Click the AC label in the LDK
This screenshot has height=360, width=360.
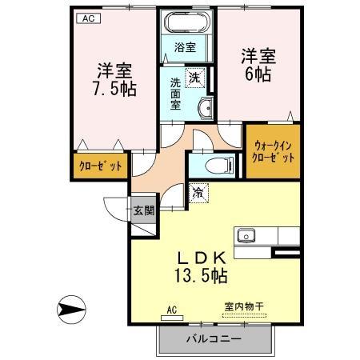click(x=171, y=309)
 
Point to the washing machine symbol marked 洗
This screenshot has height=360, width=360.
click(x=194, y=78)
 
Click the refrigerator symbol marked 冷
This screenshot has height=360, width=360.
click(x=198, y=193)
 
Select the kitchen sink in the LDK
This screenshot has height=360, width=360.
click(x=245, y=236)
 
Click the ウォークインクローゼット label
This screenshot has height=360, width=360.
click(x=274, y=152)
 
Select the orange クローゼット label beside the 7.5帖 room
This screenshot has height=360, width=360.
click(x=100, y=166)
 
